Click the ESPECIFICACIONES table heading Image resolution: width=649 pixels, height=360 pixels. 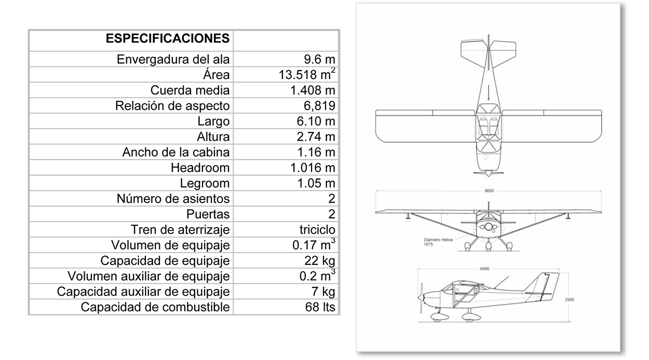(167, 38)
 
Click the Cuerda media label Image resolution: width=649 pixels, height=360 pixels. (190, 90)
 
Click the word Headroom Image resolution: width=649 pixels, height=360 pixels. (200, 168)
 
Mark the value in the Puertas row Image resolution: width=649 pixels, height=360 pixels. (332, 214)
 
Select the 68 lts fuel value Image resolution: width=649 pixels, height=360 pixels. (320, 307)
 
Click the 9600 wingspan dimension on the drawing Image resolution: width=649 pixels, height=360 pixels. (488, 191)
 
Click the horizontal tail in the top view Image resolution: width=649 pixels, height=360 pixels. (488, 51)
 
